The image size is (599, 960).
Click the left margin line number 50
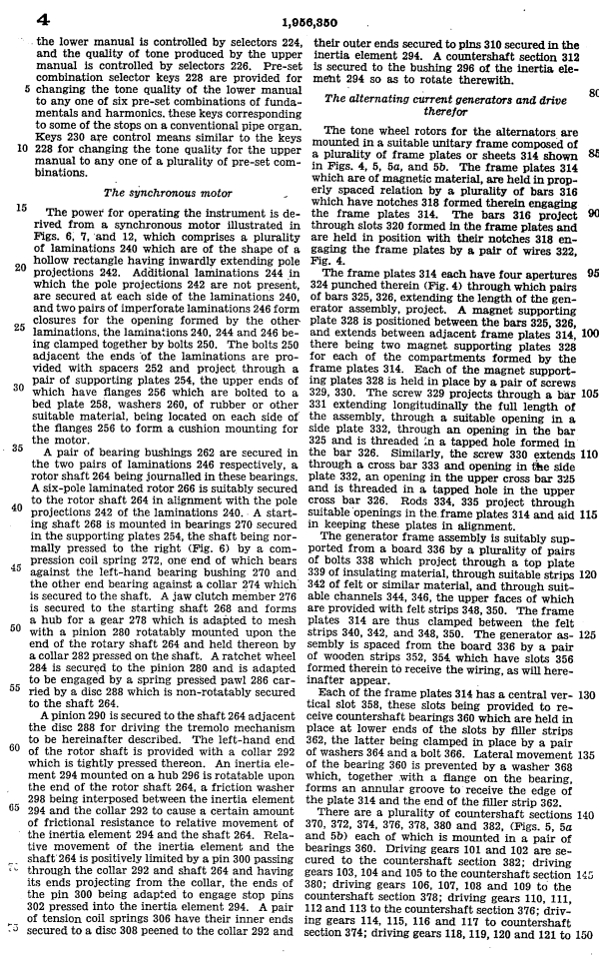[x=20, y=629]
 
